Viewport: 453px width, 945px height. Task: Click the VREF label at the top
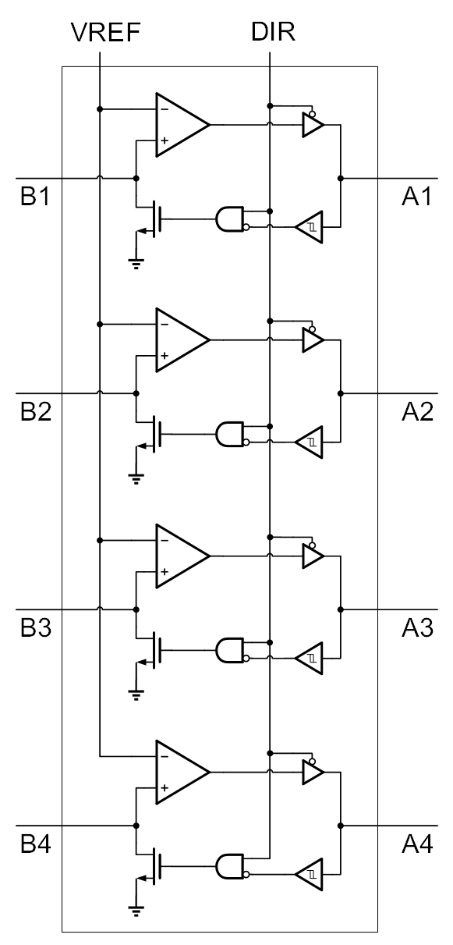[x=105, y=33]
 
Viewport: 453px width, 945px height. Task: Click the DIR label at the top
[x=273, y=32]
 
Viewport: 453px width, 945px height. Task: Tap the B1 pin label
[x=35, y=197]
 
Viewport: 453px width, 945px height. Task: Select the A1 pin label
[x=417, y=197]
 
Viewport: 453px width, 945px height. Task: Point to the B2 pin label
[x=35, y=412]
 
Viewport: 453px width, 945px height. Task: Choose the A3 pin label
[x=417, y=627]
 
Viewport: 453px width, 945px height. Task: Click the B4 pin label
[x=35, y=844]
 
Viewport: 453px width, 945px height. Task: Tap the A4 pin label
[x=417, y=844]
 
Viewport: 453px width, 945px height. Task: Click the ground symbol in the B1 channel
[x=136, y=264]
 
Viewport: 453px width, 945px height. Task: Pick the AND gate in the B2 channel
[x=230, y=434]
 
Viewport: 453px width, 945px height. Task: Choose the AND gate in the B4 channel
[x=230, y=866]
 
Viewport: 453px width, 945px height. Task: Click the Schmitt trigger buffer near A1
[x=310, y=227]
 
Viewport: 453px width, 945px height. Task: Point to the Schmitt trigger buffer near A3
[x=310, y=658]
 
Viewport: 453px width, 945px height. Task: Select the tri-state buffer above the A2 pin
[x=313, y=339]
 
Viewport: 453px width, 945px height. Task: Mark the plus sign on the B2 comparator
[x=165, y=356]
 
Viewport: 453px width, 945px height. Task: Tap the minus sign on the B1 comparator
[x=165, y=109]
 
